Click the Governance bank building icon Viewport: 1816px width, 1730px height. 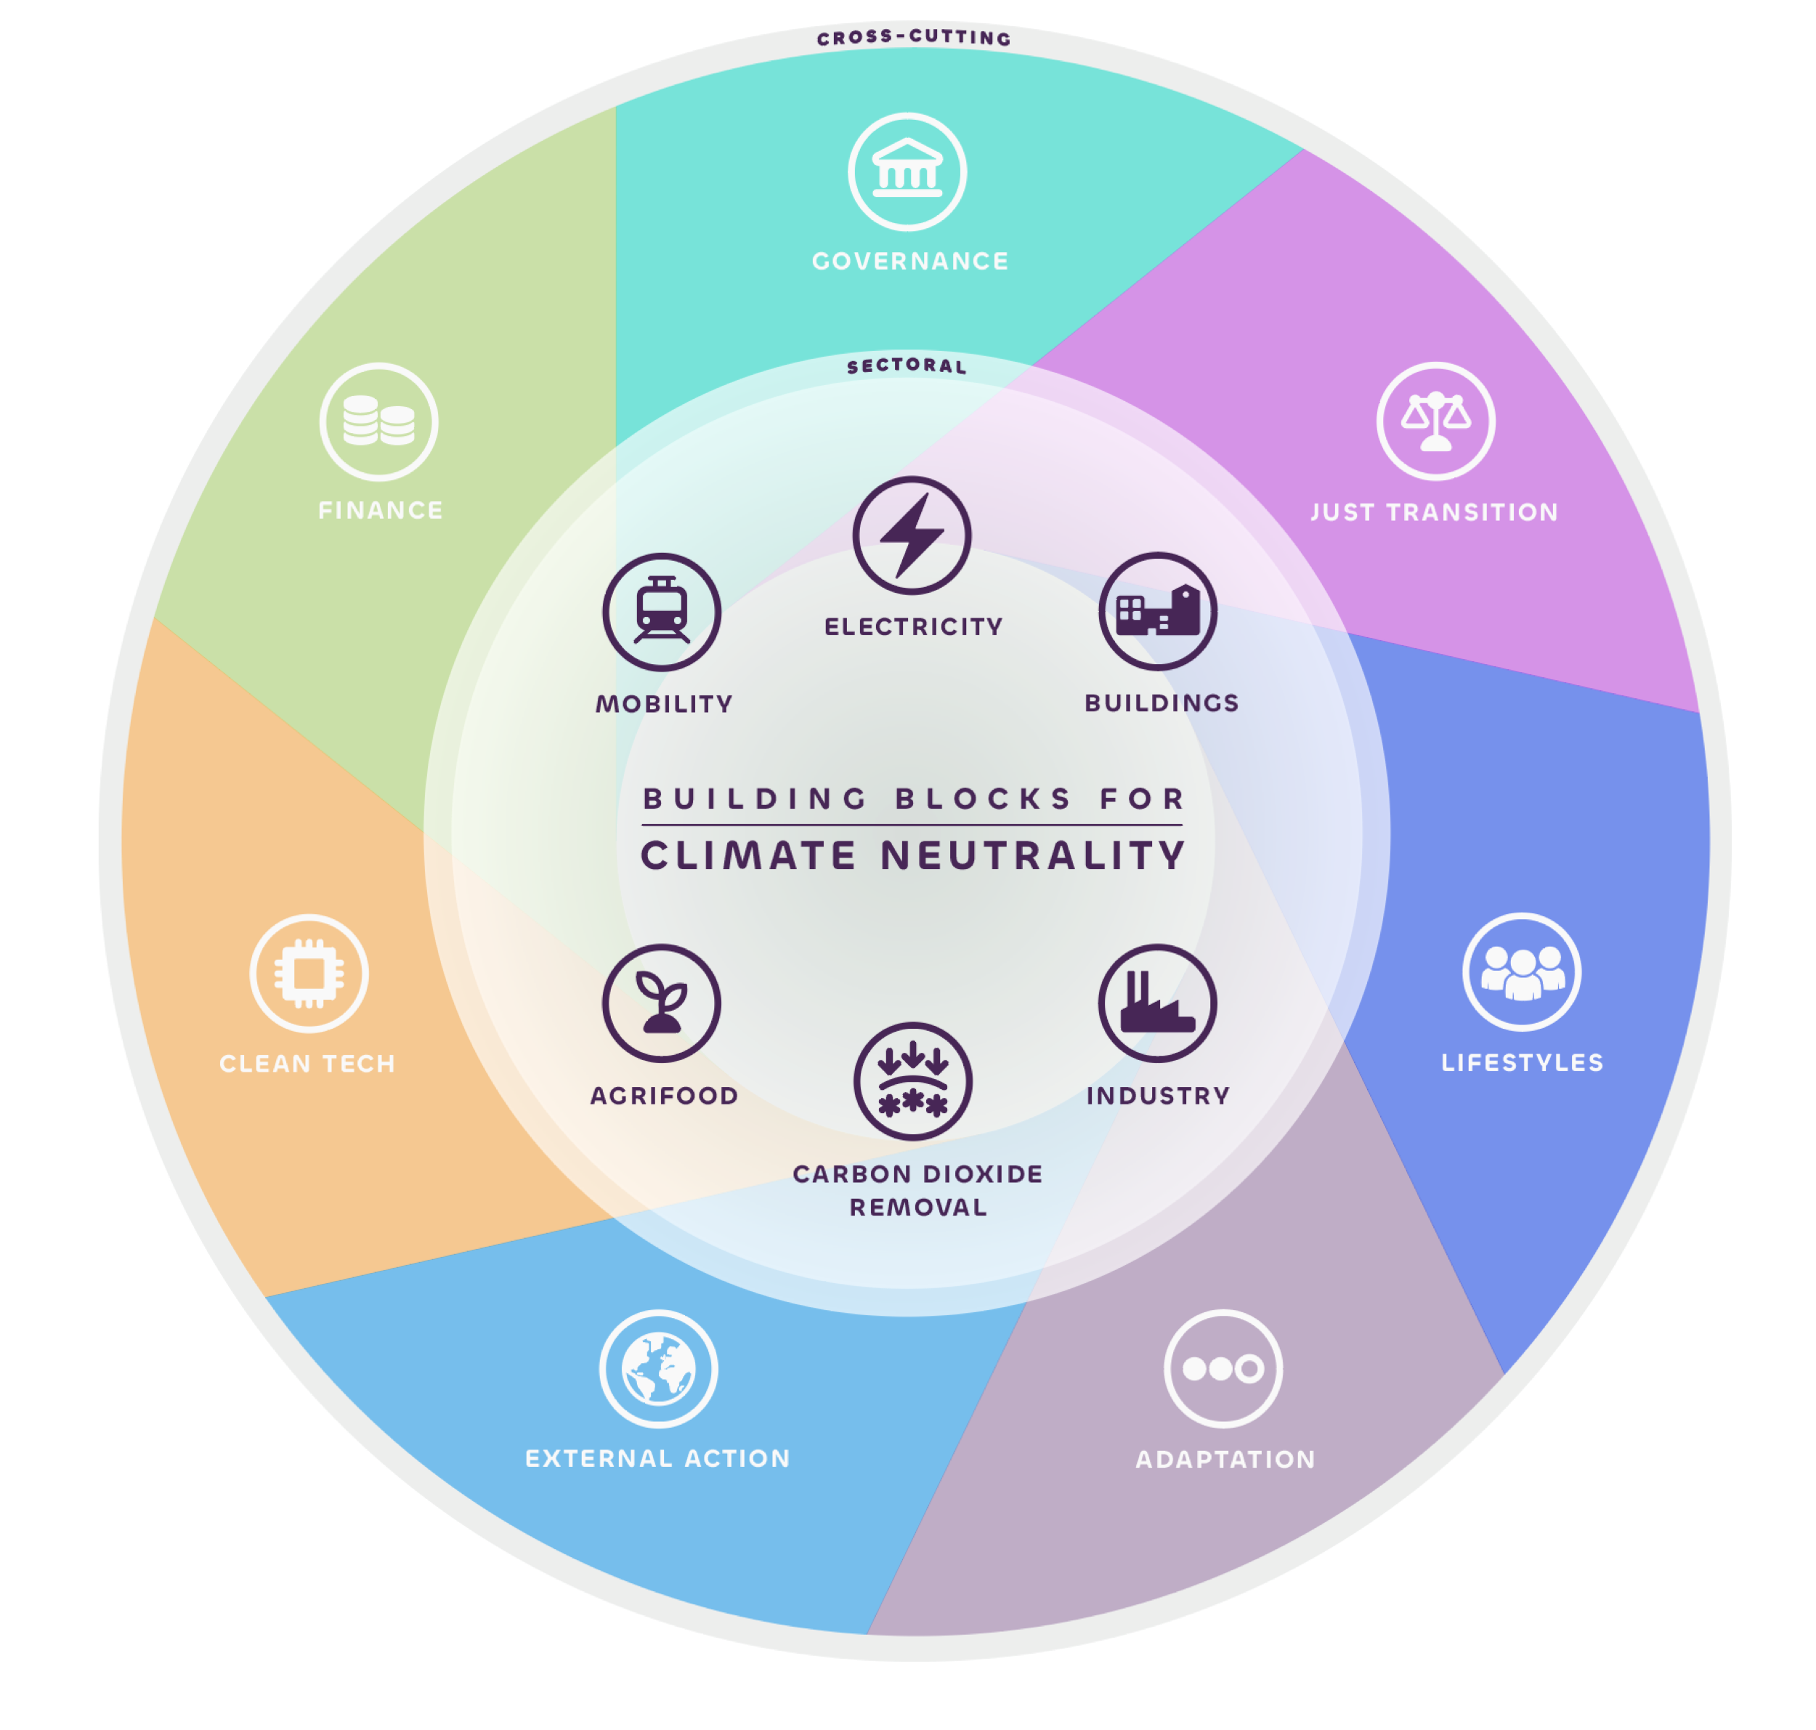[x=907, y=171]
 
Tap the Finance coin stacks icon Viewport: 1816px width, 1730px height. [x=379, y=421]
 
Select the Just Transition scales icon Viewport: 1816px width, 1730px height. [x=1435, y=421]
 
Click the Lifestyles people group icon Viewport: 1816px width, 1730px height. [x=1522, y=972]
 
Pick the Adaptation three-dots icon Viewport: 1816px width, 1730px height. [x=1223, y=1368]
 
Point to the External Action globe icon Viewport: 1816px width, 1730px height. [x=658, y=1368]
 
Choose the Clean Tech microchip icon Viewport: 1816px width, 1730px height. [x=309, y=973]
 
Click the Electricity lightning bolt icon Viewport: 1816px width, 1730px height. [x=912, y=535]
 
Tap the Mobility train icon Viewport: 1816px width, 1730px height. [x=662, y=611]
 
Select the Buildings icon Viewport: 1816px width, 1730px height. [x=1158, y=611]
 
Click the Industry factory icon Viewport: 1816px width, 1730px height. [x=1157, y=1003]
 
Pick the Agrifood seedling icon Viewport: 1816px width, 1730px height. [x=662, y=1003]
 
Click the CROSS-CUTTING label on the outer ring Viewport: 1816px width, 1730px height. [x=914, y=38]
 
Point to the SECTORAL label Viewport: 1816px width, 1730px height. [x=907, y=366]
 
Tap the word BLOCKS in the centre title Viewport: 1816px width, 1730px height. [x=984, y=799]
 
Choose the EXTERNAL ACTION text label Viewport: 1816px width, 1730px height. [x=657, y=1459]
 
